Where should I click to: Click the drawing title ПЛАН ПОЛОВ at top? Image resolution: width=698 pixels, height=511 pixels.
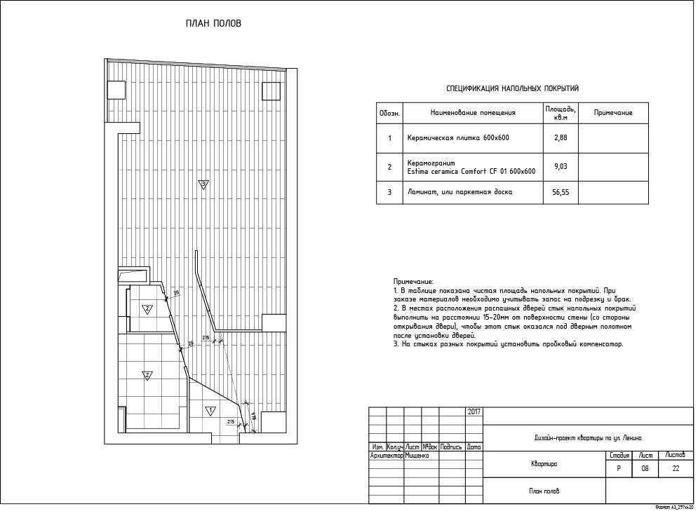(x=213, y=23)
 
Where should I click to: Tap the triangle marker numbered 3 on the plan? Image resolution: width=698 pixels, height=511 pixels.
(x=203, y=185)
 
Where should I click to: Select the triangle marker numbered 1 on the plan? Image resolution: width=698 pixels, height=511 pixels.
(x=208, y=409)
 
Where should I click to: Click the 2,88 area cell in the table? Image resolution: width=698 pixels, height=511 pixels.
(x=560, y=137)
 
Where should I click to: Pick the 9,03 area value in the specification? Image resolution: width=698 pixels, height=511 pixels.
(x=560, y=167)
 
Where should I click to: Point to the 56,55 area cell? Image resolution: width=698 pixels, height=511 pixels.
(x=560, y=191)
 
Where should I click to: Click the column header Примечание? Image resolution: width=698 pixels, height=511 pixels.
(x=613, y=113)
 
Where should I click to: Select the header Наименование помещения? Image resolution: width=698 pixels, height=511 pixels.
(x=473, y=113)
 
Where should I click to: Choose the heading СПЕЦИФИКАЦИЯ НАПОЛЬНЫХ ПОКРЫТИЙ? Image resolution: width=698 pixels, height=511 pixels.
(x=512, y=89)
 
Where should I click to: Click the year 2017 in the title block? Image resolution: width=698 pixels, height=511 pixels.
(x=474, y=411)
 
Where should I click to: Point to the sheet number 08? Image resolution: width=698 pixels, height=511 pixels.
(x=645, y=470)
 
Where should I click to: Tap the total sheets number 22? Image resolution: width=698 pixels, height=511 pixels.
(x=676, y=470)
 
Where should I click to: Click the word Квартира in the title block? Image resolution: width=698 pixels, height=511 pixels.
(x=544, y=464)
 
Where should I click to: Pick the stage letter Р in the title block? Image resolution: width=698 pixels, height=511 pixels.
(x=618, y=470)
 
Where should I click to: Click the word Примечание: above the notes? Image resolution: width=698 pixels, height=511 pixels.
(x=414, y=280)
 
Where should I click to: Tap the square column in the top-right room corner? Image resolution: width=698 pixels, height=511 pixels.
(x=271, y=90)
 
